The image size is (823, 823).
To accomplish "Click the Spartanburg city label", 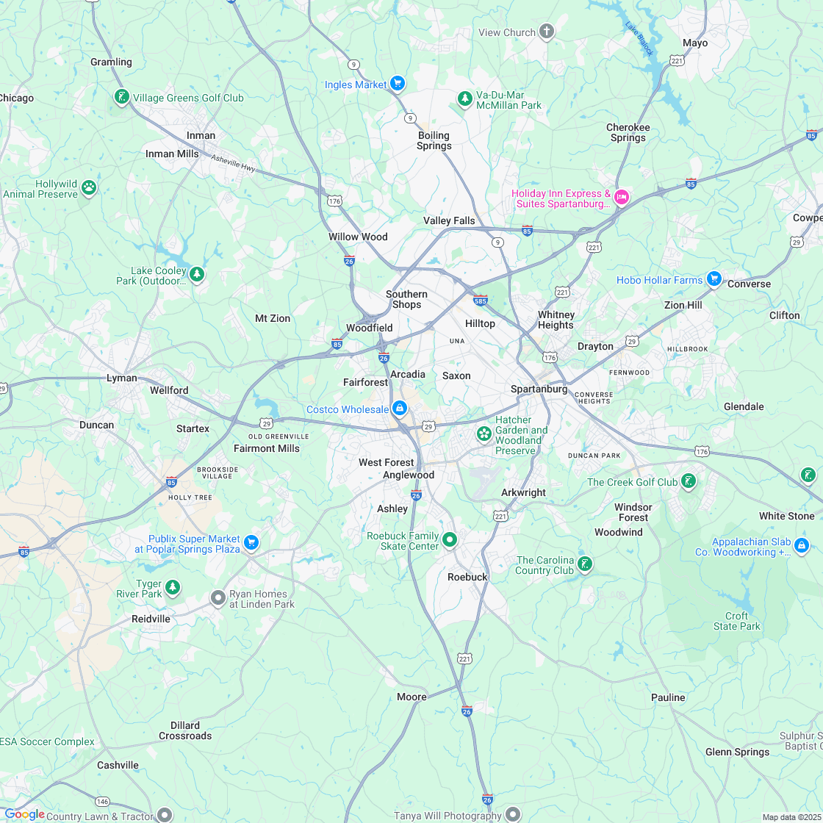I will coord(539,389).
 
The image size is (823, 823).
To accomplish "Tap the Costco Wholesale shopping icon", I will coord(399,408).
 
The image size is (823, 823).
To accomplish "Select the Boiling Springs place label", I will coord(434,140).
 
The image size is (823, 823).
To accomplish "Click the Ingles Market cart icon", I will coord(398,83).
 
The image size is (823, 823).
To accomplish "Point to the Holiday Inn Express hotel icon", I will coord(621,197).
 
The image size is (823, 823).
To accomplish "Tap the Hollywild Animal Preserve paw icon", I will coord(89,187).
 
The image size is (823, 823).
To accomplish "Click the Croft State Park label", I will coord(737,621).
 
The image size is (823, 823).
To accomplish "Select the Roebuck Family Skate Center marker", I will coord(450,540).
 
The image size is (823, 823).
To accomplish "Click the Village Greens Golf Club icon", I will coord(121,96).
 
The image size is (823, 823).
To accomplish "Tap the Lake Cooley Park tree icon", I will coord(196,275).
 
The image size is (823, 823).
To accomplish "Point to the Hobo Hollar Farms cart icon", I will coord(713,278).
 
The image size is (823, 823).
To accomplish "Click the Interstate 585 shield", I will coord(481,300).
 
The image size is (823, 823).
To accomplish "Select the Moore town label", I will coord(412,697).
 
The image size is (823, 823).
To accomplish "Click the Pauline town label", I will coord(668,697).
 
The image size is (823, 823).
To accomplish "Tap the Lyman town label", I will coord(122,378).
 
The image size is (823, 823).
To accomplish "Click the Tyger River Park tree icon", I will coord(172,587).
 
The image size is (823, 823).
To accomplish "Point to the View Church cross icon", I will coord(546,32).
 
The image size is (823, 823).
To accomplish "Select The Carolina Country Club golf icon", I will coord(584,564).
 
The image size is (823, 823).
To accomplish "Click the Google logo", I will coord(24,813).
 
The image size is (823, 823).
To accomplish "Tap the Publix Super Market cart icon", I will coord(251,542).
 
